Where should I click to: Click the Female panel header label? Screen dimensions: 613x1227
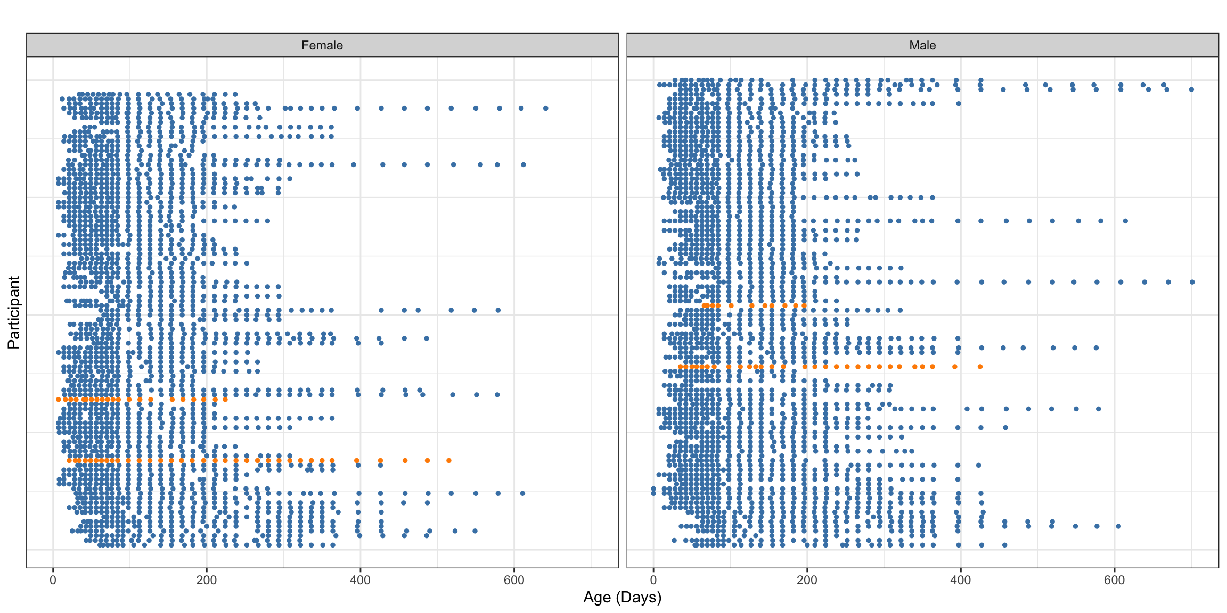tap(322, 45)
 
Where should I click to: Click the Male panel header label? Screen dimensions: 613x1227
tap(922, 45)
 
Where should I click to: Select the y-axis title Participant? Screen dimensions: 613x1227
tap(13, 312)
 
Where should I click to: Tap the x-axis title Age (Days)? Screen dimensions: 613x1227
tap(622, 598)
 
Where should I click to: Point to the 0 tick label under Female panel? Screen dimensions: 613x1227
tap(53, 580)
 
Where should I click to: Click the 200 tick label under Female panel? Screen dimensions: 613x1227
tap(207, 580)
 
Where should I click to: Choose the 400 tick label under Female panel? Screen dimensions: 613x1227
tap(360, 580)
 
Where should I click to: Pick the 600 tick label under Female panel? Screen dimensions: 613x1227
tap(514, 580)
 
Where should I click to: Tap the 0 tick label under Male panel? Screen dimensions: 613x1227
tap(653, 580)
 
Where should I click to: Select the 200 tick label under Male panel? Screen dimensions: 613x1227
tap(807, 580)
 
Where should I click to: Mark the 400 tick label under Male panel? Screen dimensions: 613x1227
tap(961, 580)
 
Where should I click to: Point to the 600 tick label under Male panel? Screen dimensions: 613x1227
tap(1114, 580)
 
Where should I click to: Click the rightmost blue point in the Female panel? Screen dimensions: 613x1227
tap(545, 108)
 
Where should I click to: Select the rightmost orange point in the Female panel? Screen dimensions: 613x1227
tap(449, 460)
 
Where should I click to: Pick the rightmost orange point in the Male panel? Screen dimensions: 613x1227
tap(980, 367)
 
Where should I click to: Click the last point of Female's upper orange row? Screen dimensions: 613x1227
tap(225, 399)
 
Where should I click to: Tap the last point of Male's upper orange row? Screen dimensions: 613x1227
tap(804, 305)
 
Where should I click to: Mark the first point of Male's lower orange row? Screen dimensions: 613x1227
tap(680, 367)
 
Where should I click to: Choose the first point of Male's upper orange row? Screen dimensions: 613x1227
tap(704, 305)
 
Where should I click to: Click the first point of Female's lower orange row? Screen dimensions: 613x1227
tap(69, 460)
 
